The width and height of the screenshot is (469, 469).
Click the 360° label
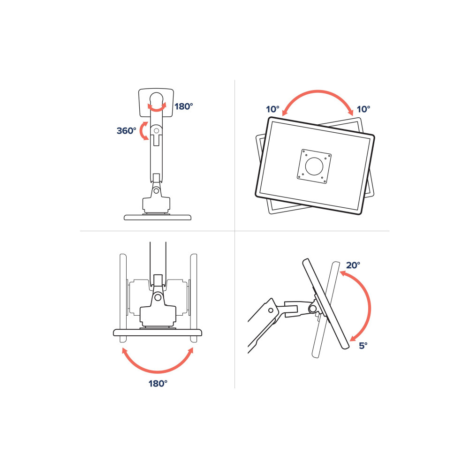(126, 131)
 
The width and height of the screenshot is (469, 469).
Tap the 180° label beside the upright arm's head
(184, 106)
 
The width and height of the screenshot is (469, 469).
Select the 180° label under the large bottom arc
(158, 384)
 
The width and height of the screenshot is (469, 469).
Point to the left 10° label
(272, 109)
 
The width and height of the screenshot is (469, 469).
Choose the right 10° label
(363, 109)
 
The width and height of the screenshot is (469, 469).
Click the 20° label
(353, 265)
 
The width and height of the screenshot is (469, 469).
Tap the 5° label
(363, 346)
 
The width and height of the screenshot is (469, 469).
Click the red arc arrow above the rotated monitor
(318, 91)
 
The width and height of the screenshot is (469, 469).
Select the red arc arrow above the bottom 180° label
(158, 372)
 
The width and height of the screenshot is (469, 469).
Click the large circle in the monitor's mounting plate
(314, 166)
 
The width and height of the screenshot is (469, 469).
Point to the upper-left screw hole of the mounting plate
(306, 155)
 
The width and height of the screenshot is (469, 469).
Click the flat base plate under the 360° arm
(158, 217)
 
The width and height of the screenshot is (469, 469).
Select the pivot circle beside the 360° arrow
(156, 131)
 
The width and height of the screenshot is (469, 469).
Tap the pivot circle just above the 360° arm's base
(156, 190)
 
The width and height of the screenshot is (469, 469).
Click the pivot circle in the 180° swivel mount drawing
(158, 297)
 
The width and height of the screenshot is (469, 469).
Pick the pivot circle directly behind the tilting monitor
(313, 309)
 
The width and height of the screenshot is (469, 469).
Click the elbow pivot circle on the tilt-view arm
(271, 310)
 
